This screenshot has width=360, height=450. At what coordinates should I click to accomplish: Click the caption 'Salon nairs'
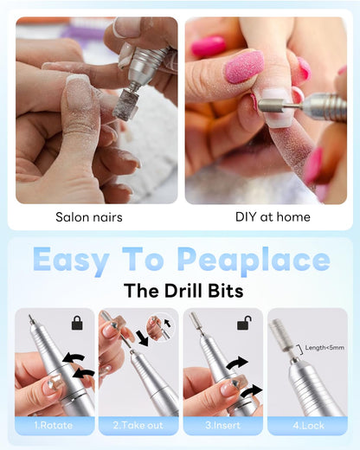(x=89, y=217)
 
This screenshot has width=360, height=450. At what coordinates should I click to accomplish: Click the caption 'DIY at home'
(x=273, y=217)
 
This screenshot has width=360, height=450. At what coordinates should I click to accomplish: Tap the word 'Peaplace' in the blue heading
(x=254, y=260)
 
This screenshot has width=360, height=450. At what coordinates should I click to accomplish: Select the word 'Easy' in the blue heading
(x=71, y=260)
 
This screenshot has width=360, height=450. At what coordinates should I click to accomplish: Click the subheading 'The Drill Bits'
(x=183, y=290)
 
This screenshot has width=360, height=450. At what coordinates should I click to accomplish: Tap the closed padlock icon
(x=77, y=323)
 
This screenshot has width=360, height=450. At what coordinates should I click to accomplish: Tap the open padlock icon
(x=244, y=323)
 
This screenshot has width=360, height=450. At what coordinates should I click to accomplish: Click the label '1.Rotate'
(x=54, y=425)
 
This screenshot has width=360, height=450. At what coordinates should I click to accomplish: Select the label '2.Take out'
(x=138, y=425)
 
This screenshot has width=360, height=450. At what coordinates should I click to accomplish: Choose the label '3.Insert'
(x=222, y=425)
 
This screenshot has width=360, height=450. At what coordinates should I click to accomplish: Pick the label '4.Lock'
(x=308, y=426)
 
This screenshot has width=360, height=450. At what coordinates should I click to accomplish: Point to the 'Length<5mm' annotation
(x=325, y=348)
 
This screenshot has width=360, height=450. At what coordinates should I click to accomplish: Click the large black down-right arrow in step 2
(x=143, y=337)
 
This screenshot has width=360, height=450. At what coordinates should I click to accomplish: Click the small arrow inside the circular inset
(x=167, y=323)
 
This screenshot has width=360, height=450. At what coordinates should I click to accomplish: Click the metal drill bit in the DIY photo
(x=280, y=106)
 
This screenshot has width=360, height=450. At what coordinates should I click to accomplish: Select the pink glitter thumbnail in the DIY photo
(x=244, y=67)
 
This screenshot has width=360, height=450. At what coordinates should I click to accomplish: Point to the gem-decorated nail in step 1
(x=55, y=383)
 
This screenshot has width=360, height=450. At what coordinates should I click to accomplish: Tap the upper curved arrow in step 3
(x=237, y=363)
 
